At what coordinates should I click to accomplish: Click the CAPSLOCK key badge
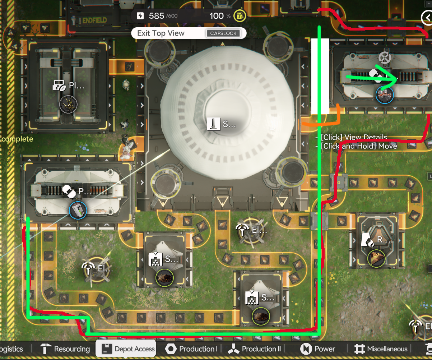tap(223, 33)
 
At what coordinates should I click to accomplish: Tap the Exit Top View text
tap(161, 33)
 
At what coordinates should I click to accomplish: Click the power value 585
tap(157, 16)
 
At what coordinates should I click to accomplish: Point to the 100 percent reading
tap(220, 16)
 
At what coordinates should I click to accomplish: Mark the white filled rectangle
tap(320, 76)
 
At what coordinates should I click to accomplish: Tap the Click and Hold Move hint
tap(358, 146)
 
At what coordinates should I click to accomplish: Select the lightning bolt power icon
tap(140, 16)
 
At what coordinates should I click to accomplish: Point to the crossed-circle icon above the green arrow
tap(385, 57)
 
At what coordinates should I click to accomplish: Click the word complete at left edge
tap(17, 139)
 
